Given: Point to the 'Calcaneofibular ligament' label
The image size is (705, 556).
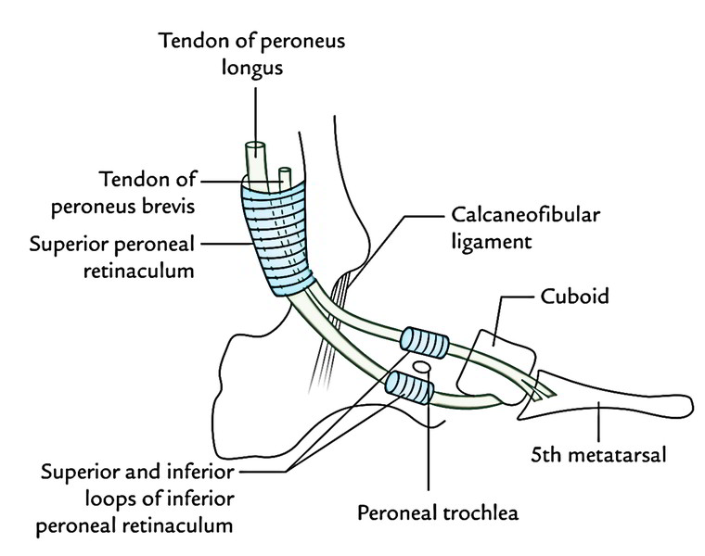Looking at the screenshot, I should pos(525,228).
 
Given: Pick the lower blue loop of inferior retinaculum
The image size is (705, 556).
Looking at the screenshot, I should pos(408,386).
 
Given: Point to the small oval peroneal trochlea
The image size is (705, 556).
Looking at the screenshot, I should pos(423,367).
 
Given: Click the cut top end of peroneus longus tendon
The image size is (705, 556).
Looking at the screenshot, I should pos(254,147).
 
